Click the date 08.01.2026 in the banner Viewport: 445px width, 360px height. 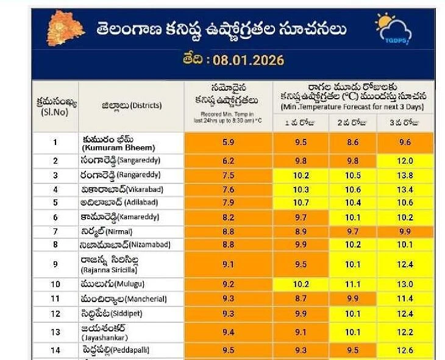[x=233, y=61]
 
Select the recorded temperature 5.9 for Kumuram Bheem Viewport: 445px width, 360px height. [x=228, y=143]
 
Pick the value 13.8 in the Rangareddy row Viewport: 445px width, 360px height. [x=405, y=175]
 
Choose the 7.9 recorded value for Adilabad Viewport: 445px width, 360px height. [x=228, y=202]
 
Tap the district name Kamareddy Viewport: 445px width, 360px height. [x=116, y=217]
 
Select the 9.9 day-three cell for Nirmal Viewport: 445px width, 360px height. [x=405, y=231]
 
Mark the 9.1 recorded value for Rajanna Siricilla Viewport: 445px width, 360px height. [x=228, y=264]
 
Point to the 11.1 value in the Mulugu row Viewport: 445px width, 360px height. [x=353, y=284]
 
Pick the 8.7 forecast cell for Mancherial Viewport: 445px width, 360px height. [x=301, y=299]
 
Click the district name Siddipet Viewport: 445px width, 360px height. [x=115, y=314]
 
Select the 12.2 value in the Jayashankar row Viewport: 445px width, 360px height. [x=405, y=332]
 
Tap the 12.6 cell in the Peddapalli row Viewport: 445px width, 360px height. [x=405, y=350]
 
